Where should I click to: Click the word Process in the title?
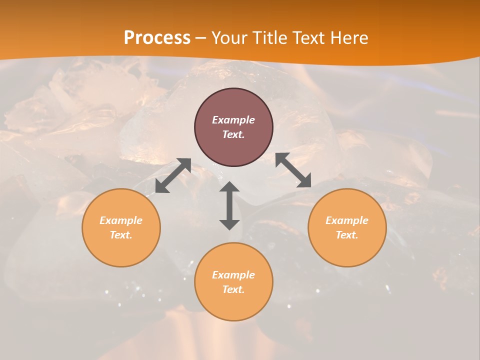tap(157, 38)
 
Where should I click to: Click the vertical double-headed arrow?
tap(229, 205)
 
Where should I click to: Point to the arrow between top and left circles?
tap(173, 175)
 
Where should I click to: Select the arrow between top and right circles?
tap(293, 170)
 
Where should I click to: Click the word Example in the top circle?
tap(233, 120)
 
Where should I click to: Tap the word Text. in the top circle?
tap(233, 134)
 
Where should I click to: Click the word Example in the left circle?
tap(121, 220)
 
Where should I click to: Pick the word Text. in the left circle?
tap(121, 235)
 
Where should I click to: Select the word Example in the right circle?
tap(347, 220)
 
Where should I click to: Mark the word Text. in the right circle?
tap(347, 235)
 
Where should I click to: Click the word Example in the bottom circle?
tap(233, 275)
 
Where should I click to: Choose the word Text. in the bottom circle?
tap(233, 289)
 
